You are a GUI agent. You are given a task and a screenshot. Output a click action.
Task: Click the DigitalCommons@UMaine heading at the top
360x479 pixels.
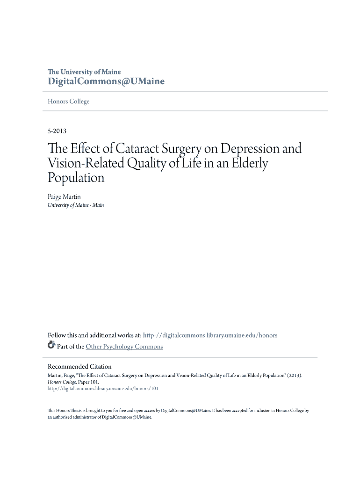pos(106,81)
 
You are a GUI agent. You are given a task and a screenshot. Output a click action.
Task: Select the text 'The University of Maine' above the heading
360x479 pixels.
pos(84,72)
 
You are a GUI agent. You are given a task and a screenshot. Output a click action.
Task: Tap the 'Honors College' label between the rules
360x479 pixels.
pos(69,102)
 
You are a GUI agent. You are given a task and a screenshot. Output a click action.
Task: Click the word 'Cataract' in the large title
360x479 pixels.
pos(141,149)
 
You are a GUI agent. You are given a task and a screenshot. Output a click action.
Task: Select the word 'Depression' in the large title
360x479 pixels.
pos(251,149)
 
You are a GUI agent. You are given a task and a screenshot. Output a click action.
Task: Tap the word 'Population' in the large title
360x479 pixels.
pos(76,178)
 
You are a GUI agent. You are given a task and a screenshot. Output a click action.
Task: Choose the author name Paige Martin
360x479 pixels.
pos(64,197)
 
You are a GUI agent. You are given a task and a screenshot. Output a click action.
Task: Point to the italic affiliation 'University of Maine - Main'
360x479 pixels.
pos(76,205)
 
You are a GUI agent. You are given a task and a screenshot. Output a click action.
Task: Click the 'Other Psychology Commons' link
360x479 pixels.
pos(124,347)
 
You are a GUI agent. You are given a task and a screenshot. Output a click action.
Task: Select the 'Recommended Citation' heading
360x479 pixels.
pos(79,366)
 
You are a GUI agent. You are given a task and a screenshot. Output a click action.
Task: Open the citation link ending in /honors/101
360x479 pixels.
pos(103,388)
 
